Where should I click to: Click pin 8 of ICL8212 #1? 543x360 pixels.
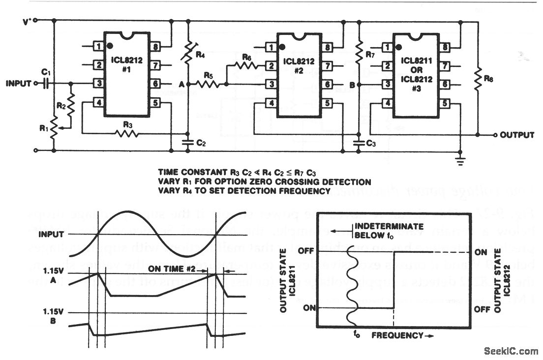point(155,47)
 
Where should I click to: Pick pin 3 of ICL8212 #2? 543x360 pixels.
point(270,85)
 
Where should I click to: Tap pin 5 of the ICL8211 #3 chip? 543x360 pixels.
point(445,104)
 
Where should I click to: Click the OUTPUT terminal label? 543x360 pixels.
point(517,135)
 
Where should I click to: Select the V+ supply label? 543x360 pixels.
point(28,21)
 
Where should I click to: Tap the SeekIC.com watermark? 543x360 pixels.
point(511,351)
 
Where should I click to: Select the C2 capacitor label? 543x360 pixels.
point(201,143)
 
